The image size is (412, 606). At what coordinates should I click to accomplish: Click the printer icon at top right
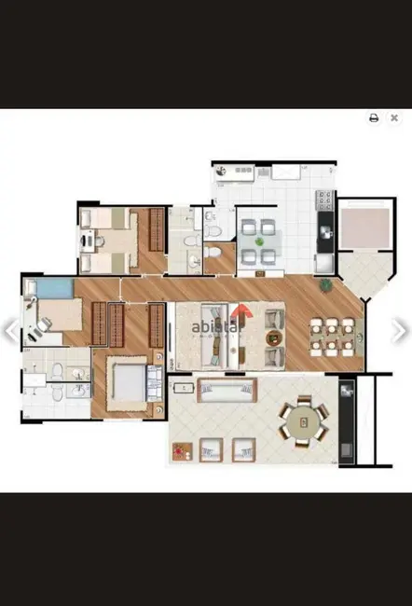[374, 118]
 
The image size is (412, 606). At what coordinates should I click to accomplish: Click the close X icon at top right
[394, 118]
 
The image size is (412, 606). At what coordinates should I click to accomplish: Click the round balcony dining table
[303, 421]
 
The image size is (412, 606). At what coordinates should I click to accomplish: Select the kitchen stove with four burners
[325, 199]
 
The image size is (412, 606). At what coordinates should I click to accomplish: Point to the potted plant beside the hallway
[325, 285]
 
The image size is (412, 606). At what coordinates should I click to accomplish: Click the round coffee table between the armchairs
[273, 337]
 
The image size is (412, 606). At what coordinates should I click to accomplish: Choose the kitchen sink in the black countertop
[325, 227]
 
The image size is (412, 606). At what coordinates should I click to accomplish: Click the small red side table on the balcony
[179, 451]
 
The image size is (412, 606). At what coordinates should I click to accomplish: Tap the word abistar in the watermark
[213, 327]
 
